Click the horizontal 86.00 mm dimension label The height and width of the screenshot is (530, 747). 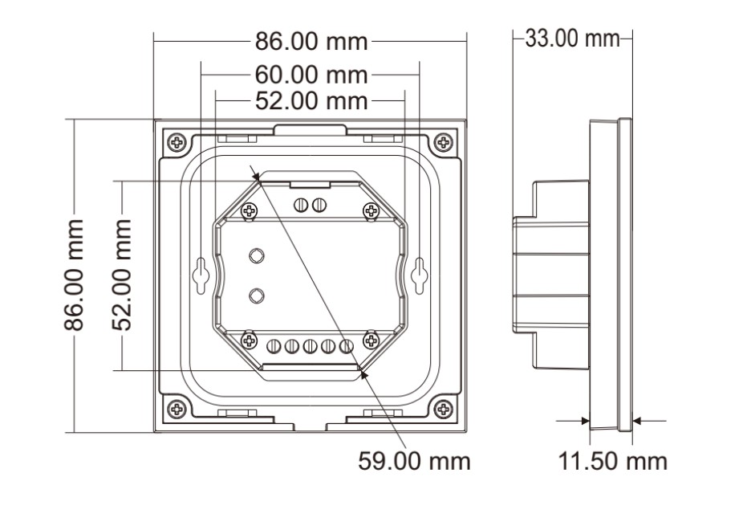pyautogui.click(x=311, y=41)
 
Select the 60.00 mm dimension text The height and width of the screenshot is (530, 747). pyautogui.click(x=311, y=75)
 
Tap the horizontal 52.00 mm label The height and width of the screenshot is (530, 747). pyautogui.click(x=311, y=101)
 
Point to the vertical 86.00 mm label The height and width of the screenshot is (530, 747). pyautogui.click(x=75, y=275)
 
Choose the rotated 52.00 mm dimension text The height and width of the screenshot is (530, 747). pyautogui.click(x=122, y=275)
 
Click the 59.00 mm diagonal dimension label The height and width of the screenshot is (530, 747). pyautogui.click(x=414, y=462)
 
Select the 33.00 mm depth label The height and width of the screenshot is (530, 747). pyautogui.click(x=572, y=38)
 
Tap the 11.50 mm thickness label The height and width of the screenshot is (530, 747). pyautogui.click(x=612, y=462)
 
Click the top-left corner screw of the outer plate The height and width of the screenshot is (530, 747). pyautogui.click(x=177, y=143)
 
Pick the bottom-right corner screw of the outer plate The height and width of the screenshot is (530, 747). pyautogui.click(x=442, y=409)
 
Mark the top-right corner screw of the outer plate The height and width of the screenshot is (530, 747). pyautogui.click(x=442, y=143)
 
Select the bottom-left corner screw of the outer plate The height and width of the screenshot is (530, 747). pyautogui.click(x=177, y=409)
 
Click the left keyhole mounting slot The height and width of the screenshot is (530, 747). pyautogui.click(x=201, y=275)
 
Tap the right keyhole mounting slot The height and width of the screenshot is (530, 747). pyautogui.click(x=417, y=275)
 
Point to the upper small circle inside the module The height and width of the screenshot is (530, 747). pyautogui.click(x=256, y=255)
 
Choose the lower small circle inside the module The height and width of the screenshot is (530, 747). pyautogui.click(x=256, y=295)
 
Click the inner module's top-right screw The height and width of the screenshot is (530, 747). pyautogui.click(x=371, y=211)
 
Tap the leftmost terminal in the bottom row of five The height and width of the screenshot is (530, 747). pyautogui.click(x=273, y=346)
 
